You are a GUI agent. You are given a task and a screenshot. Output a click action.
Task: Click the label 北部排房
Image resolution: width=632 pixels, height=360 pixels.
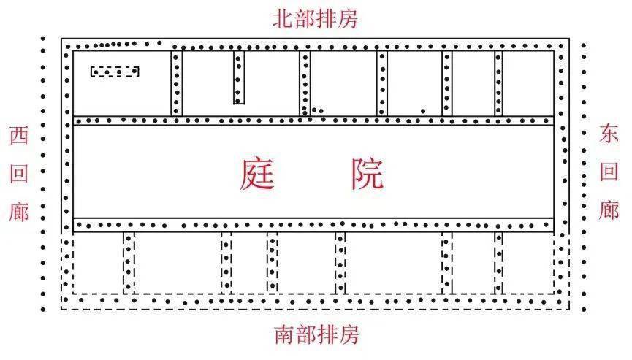[x=315, y=19]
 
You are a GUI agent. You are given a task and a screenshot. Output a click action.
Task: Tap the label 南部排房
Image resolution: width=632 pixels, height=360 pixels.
[x=317, y=335]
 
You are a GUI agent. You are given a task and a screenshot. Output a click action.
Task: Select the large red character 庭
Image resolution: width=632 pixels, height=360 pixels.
[x=258, y=174]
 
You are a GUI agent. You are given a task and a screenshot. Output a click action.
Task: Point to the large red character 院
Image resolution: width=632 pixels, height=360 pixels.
[x=367, y=174]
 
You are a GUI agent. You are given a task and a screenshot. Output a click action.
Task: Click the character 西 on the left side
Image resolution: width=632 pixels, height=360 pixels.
[x=19, y=136]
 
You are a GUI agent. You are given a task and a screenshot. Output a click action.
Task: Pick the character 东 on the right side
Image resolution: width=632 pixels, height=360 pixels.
[x=609, y=134]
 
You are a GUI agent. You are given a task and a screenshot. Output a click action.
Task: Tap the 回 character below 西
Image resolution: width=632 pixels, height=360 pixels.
[x=19, y=173]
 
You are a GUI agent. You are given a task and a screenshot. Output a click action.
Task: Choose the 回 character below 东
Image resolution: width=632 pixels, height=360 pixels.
[x=609, y=172]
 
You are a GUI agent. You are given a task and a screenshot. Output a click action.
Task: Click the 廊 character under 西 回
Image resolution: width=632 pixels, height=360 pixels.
[x=19, y=212]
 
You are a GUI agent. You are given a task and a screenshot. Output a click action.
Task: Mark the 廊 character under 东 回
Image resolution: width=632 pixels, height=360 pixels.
[x=609, y=210]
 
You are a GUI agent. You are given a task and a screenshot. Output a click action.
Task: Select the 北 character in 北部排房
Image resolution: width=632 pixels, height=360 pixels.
[x=283, y=19]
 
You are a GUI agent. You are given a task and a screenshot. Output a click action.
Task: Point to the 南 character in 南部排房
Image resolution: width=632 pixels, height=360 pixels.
[x=284, y=335]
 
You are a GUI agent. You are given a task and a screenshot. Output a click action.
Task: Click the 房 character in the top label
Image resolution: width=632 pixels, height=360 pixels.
[x=348, y=19]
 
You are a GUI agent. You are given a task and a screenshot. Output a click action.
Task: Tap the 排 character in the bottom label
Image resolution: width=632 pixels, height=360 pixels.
[x=327, y=335]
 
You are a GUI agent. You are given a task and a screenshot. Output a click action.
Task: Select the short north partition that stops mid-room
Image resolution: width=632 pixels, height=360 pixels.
[x=239, y=77]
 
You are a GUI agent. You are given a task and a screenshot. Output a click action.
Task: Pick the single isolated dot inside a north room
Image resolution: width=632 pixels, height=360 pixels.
[x=423, y=111]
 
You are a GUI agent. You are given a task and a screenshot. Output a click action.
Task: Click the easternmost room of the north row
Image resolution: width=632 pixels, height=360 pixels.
[x=528, y=83]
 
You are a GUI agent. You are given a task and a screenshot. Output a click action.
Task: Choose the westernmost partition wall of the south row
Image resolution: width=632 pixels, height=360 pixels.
[x=129, y=263]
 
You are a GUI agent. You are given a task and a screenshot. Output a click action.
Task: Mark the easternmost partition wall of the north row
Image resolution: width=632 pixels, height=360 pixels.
[x=498, y=83]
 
